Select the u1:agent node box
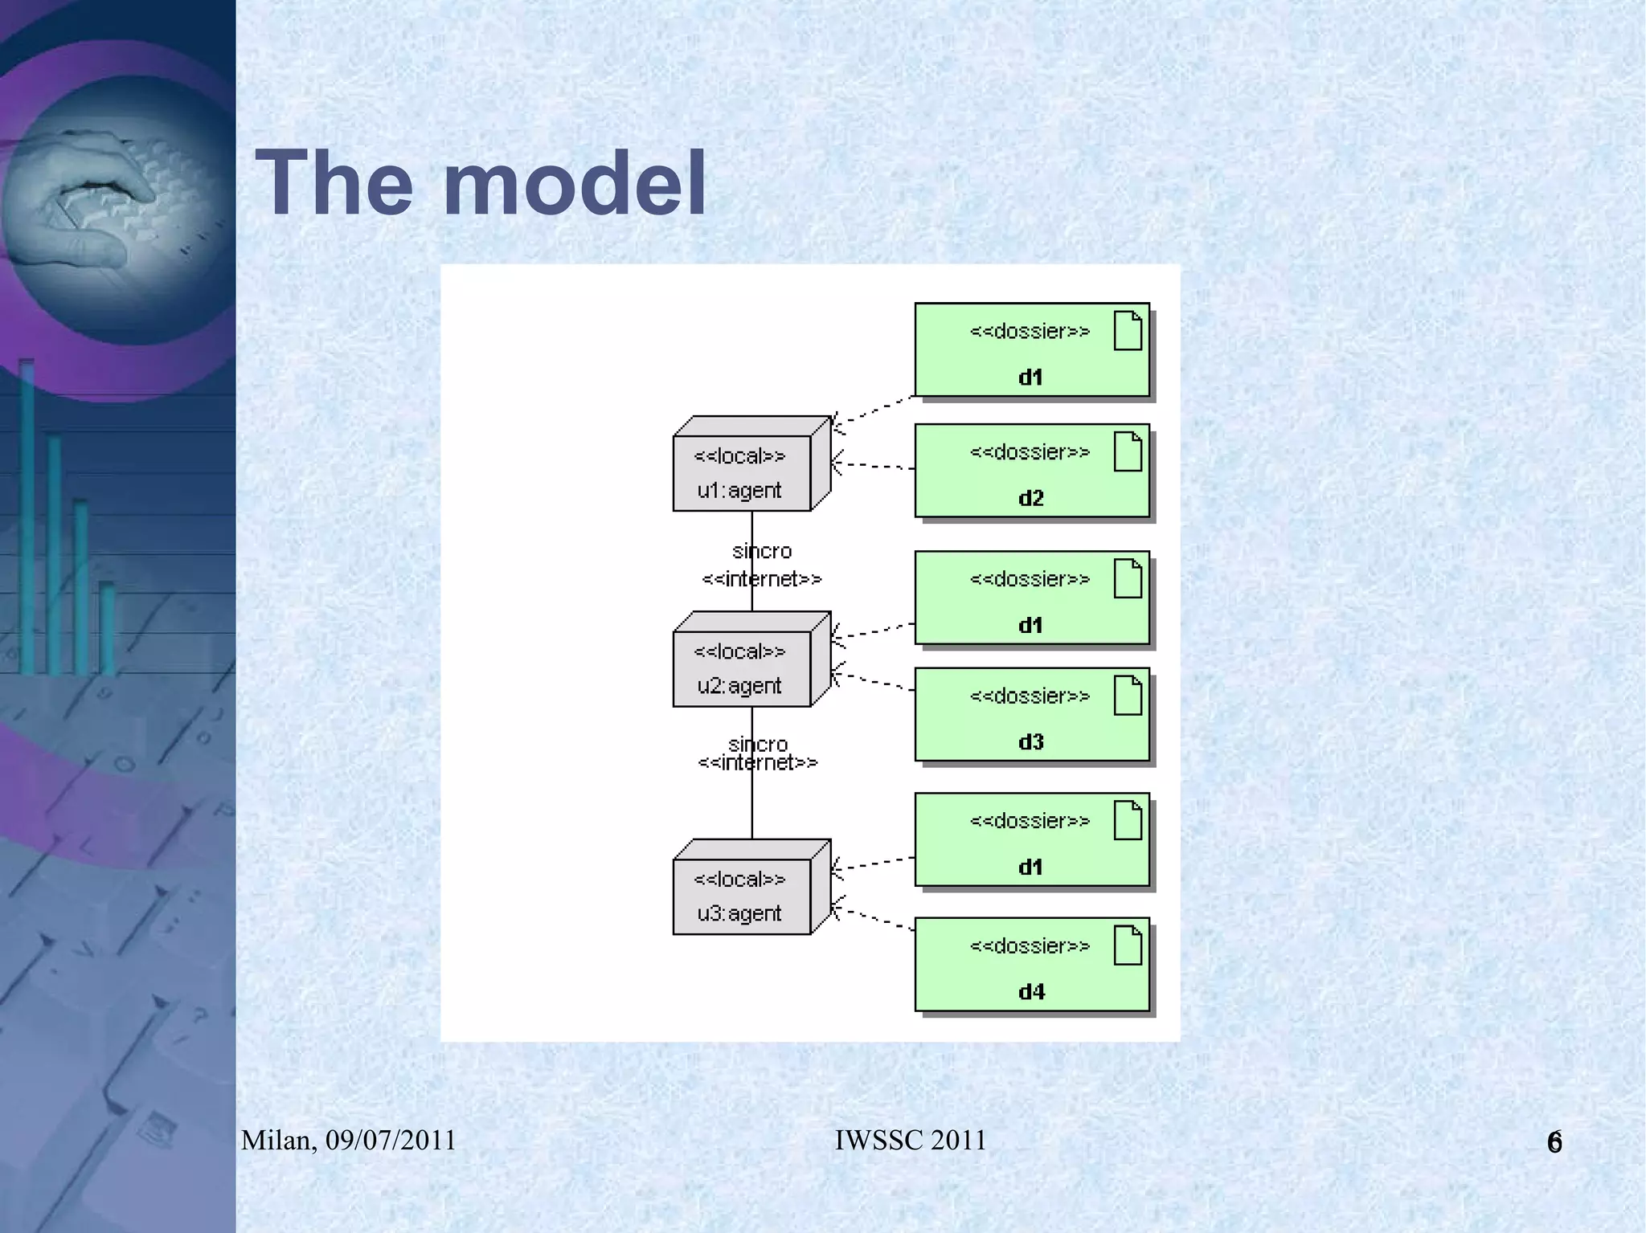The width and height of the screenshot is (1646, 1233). [x=741, y=473]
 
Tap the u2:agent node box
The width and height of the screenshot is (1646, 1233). [x=741, y=668]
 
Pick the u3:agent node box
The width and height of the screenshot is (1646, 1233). [x=741, y=896]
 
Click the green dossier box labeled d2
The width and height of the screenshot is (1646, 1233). [x=1031, y=471]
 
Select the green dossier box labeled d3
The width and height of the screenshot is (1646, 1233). [x=1031, y=715]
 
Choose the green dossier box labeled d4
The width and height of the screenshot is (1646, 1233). [x=1031, y=964]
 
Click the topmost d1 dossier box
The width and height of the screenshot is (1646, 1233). [x=1031, y=349]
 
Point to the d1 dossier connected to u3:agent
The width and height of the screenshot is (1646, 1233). [x=1031, y=839]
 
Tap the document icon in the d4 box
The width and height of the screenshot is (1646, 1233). [x=1128, y=945]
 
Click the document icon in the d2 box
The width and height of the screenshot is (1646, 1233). [x=1128, y=451]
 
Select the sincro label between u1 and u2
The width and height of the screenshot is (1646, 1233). [x=762, y=551]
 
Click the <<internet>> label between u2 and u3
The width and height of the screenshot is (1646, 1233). [x=758, y=762]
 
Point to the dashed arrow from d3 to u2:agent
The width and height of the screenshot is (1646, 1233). [x=874, y=682]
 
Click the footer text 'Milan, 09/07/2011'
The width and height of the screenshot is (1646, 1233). [x=349, y=1140]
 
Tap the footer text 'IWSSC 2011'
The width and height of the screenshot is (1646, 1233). [x=910, y=1140]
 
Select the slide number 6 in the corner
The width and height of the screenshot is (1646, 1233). [x=1554, y=1142]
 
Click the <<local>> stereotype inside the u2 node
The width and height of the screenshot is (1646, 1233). [x=739, y=651]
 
